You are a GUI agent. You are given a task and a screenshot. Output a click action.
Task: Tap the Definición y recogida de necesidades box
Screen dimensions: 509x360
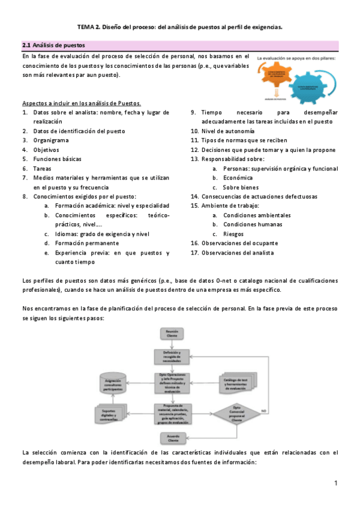pos(172,356)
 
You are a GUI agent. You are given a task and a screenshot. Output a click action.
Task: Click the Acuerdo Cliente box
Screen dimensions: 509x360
pos(172,438)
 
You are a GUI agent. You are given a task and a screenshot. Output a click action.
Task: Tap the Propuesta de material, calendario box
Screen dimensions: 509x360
pos(172,414)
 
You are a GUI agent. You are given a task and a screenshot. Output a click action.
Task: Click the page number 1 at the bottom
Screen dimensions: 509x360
pos(337,483)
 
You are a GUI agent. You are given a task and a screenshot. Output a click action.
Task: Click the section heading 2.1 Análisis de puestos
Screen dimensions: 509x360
pos(53,45)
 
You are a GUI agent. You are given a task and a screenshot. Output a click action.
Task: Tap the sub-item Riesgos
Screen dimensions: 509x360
pos(233,234)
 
